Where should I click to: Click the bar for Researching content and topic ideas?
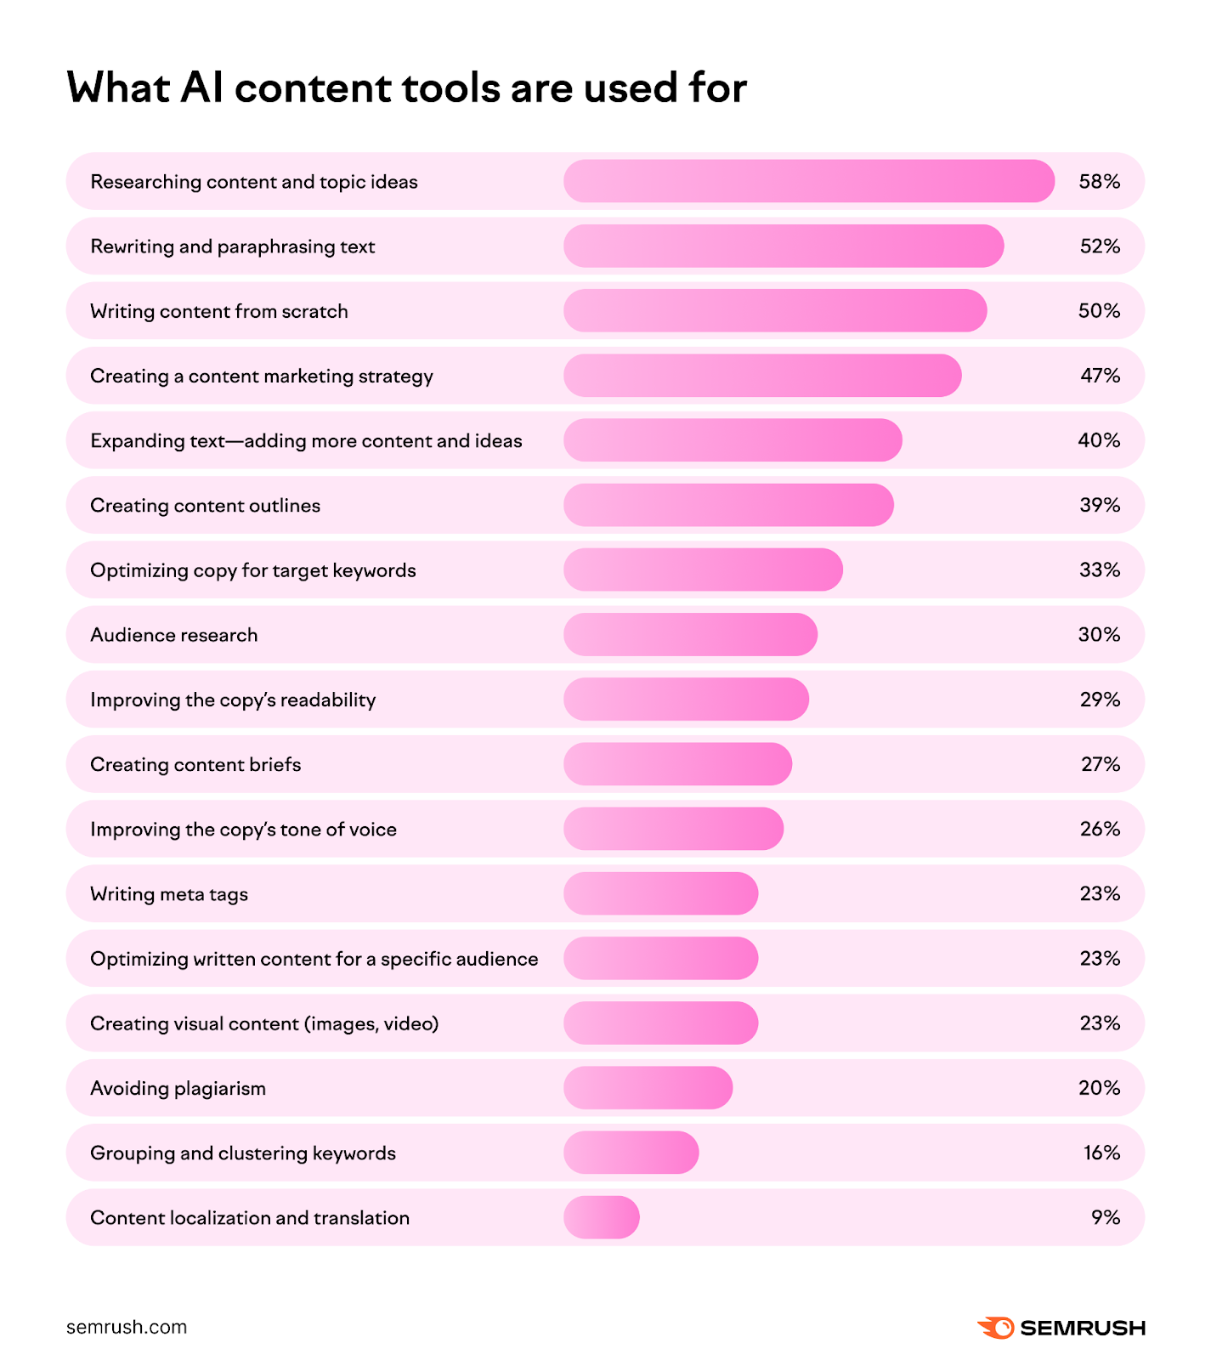click(x=808, y=181)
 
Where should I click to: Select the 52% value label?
click(x=1100, y=246)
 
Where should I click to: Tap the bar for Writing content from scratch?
click(x=774, y=311)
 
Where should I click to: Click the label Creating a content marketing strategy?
click(x=262, y=376)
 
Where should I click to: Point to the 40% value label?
click(x=1099, y=440)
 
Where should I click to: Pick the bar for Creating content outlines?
click(x=728, y=505)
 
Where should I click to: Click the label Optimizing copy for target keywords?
click(x=253, y=570)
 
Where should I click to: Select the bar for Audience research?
click(x=690, y=635)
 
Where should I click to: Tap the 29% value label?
click(x=1100, y=700)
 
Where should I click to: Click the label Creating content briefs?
click(x=195, y=764)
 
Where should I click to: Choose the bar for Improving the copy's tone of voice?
click(x=673, y=829)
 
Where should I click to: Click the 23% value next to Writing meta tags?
click(x=1100, y=893)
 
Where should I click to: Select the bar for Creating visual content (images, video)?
click(x=660, y=1023)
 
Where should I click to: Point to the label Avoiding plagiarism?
click(x=178, y=1088)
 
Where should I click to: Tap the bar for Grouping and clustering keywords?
click(x=631, y=1153)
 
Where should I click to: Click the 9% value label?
click(x=1106, y=1217)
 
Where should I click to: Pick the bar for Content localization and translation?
click(x=601, y=1217)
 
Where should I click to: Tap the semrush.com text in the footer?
click(x=127, y=1327)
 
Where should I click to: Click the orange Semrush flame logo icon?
click(x=996, y=1327)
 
